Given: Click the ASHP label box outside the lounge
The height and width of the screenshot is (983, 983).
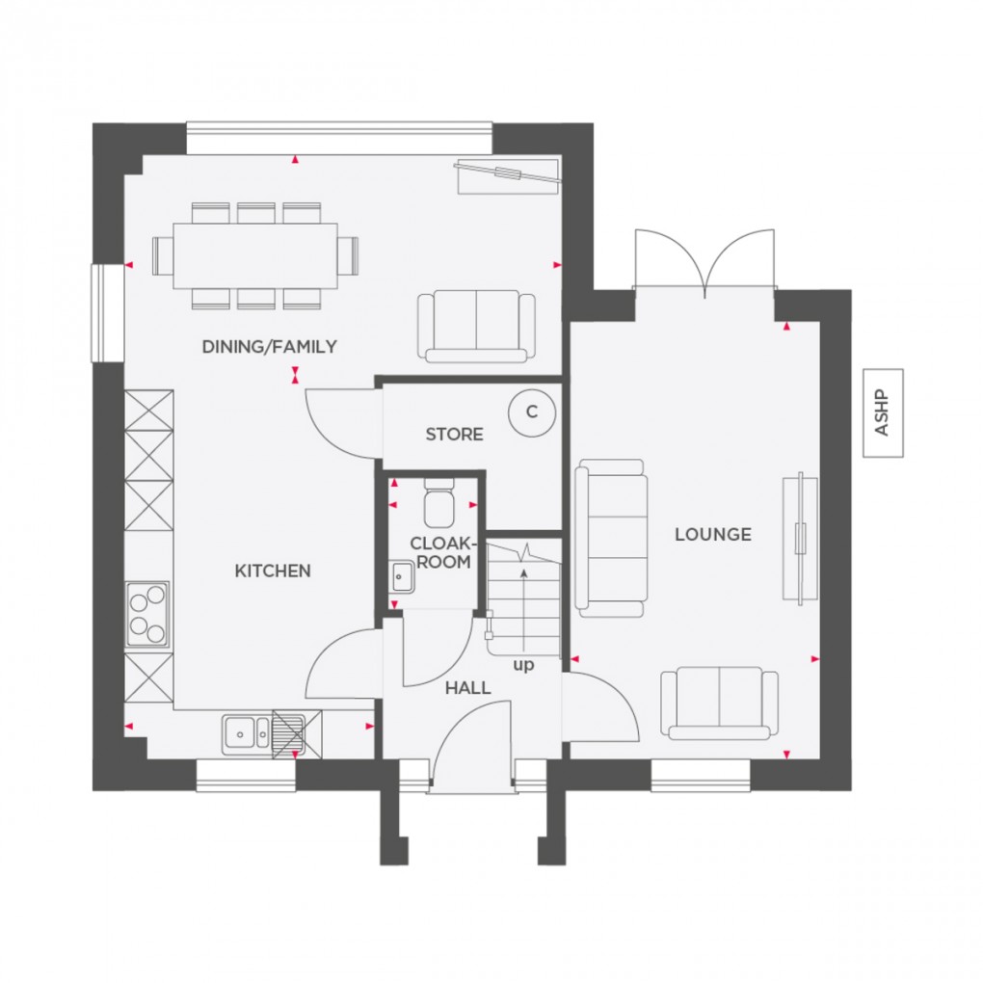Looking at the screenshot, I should point(883,413).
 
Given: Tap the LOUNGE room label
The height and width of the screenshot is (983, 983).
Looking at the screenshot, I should point(712,534).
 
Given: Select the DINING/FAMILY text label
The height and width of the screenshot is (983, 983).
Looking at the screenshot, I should point(270,346).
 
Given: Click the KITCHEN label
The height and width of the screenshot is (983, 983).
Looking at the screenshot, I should point(273,571).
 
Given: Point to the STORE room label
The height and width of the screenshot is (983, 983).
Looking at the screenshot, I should point(454,435).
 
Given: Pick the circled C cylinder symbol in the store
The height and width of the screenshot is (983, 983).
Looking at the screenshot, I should point(531,412).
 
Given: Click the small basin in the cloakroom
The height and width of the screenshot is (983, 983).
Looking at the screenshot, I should point(401,577).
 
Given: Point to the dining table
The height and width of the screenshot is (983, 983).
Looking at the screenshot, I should point(255,255).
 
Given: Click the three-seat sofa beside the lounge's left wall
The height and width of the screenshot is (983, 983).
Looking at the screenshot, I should point(609,537).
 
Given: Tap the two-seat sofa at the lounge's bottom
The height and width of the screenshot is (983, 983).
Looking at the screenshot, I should point(719,703).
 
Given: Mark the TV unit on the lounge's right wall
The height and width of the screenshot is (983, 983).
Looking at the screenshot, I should point(799,539).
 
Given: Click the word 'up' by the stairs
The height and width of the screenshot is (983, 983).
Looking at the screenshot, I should point(523,665).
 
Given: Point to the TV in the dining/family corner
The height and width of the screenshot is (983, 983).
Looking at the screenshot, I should point(507,173).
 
